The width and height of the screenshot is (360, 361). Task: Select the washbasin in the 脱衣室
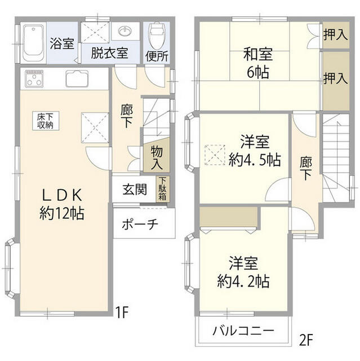point(125,31)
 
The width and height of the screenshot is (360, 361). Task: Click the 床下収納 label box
point(46,121)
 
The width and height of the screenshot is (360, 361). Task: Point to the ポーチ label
point(140,224)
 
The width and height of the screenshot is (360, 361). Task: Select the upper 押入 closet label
point(335,36)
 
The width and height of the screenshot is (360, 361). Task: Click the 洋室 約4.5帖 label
point(255,151)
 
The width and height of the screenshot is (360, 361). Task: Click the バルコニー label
point(244,332)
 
